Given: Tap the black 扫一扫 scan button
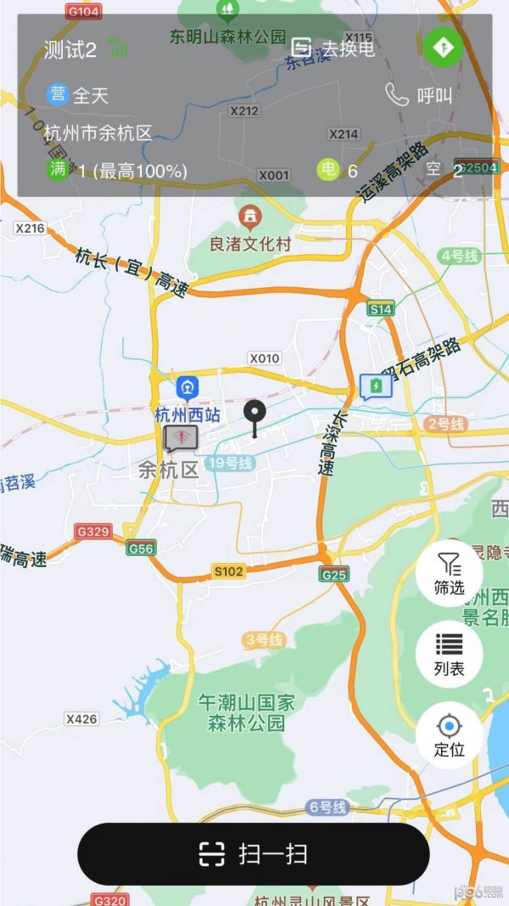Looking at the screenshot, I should [254, 853].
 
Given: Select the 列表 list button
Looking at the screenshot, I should [449, 653].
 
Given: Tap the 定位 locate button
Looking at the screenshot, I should [449, 734].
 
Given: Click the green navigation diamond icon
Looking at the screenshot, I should [444, 48].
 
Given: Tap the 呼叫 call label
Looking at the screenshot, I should [434, 96].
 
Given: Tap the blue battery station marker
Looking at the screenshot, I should [375, 387].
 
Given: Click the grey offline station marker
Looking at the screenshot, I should [180, 438].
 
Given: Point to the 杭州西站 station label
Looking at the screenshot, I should [187, 415].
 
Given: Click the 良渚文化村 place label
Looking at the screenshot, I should [250, 245].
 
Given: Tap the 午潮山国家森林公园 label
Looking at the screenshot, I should [246, 713].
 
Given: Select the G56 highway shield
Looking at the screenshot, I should [141, 549].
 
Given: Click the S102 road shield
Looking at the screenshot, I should [228, 571].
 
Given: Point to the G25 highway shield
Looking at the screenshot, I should [334, 575].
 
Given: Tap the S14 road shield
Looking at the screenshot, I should [381, 309].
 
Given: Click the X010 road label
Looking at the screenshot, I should [265, 358].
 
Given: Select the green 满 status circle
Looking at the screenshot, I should [58, 170].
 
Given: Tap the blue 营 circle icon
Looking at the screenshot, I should [58, 95].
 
